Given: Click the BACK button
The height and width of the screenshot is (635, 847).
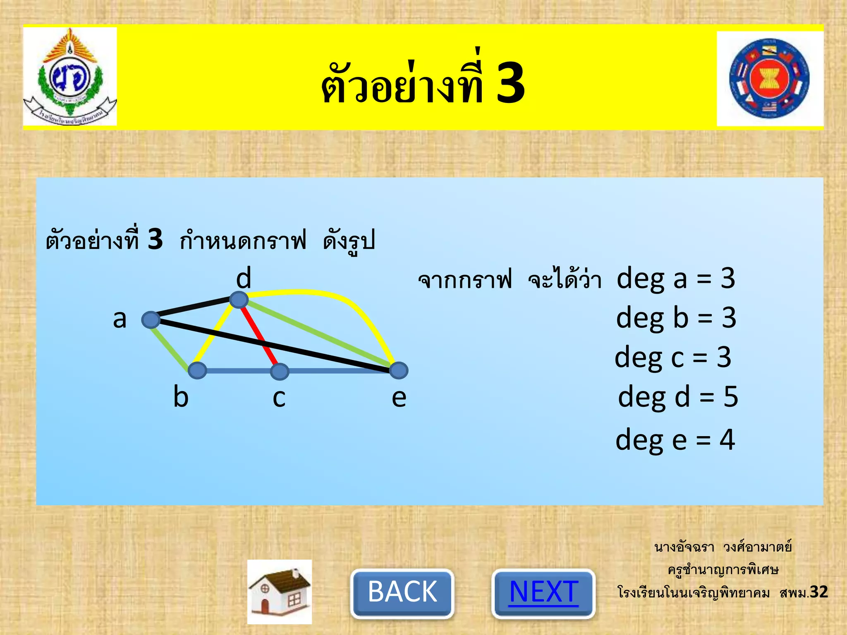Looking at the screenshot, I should (x=402, y=592).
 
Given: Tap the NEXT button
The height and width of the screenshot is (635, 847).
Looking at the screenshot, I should (x=543, y=592).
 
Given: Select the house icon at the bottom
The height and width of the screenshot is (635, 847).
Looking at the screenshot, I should (x=280, y=592).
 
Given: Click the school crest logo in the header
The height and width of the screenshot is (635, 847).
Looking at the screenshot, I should (x=69, y=77).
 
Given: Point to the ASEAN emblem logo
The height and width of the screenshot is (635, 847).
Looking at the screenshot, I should (x=769, y=79).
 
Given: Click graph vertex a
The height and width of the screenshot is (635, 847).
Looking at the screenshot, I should (x=151, y=320).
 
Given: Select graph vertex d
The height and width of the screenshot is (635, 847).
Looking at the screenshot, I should (x=239, y=299).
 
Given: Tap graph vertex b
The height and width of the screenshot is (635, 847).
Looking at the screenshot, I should (x=197, y=370).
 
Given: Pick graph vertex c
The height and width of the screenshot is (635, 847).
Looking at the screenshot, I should (x=280, y=371).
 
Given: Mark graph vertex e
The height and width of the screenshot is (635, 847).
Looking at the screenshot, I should (x=399, y=370).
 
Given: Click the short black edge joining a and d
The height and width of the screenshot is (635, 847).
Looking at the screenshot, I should (x=194, y=308).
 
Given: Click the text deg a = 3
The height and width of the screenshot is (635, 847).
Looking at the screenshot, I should (x=675, y=278).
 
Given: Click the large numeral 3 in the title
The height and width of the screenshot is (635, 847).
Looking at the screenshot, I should (x=510, y=83).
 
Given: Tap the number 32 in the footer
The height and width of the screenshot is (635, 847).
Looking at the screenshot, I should (x=818, y=592).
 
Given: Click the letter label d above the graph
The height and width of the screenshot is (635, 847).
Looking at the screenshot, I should (x=244, y=278).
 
